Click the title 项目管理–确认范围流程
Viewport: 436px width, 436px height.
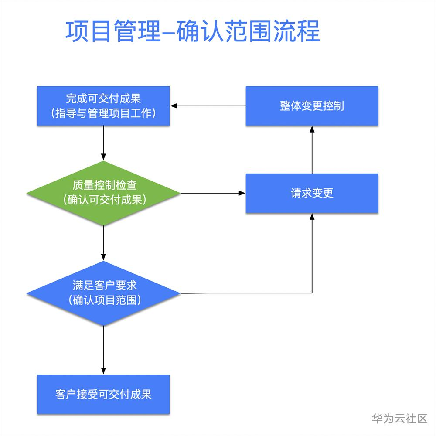[x=192, y=31]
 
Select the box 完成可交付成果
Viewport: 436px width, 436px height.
[x=103, y=106]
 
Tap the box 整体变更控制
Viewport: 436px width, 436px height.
[x=312, y=106]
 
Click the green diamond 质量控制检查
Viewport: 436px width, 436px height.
[x=103, y=193]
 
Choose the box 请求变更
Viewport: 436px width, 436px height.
[x=312, y=193]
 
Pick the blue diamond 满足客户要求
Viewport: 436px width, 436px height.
[x=103, y=293]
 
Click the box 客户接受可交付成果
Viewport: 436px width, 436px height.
[x=103, y=394]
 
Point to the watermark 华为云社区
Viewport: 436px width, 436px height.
[x=399, y=419]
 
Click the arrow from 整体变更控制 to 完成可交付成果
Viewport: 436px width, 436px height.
[x=208, y=106]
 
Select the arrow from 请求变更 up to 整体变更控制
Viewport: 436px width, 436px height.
[x=312, y=150]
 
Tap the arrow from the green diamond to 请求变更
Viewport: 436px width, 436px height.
[x=213, y=193]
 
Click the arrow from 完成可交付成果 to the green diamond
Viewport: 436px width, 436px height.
[x=103, y=143]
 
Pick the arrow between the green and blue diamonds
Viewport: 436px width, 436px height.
[x=103, y=243]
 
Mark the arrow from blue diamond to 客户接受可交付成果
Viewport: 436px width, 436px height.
[x=103, y=350]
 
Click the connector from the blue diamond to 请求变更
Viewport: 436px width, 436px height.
[x=312, y=293]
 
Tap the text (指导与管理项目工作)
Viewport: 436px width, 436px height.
[x=103, y=113]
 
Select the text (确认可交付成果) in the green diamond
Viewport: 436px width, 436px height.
[x=105, y=200]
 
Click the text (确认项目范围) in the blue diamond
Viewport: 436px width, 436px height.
[x=105, y=300]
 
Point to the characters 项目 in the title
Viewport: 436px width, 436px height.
[x=89, y=31]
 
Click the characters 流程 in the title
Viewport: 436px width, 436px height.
[x=296, y=31]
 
